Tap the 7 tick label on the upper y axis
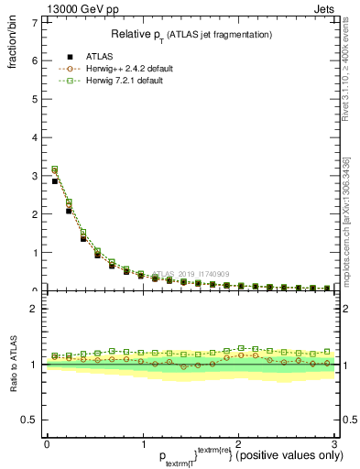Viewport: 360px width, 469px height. [x=34, y=22]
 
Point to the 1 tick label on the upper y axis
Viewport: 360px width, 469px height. [x=34, y=253]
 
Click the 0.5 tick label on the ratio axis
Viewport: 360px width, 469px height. [x=30, y=420]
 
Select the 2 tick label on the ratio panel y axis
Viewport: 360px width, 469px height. [x=34, y=309]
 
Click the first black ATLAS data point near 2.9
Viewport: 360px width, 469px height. [x=55, y=181]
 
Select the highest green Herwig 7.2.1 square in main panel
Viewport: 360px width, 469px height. [x=55, y=169]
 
